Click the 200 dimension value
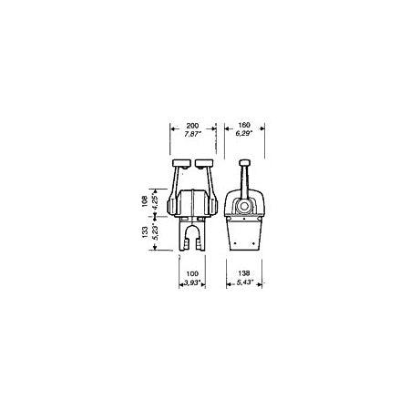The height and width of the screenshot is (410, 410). click(192, 126)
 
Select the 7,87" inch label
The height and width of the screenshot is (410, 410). click(193, 134)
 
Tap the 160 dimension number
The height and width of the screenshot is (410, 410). click(244, 125)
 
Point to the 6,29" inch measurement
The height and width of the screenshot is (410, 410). click(244, 133)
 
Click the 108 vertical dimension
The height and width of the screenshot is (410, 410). click(145, 201)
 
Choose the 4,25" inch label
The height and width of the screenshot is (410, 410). click(155, 201)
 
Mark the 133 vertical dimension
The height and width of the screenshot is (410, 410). click(145, 232)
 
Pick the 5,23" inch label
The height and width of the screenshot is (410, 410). click(155, 233)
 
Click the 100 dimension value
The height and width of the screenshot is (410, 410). click(192, 273)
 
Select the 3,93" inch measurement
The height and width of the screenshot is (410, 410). click(192, 283)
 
